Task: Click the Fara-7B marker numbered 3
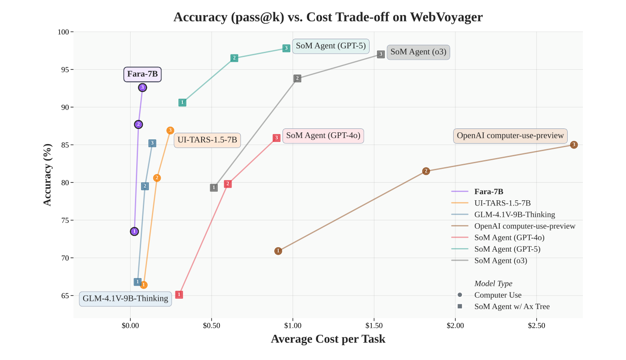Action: click(142, 87)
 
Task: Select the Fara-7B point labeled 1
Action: click(135, 231)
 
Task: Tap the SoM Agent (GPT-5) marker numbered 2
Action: click(234, 58)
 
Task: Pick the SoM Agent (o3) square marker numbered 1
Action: click(214, 188)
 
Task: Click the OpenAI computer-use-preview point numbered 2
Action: click(426, 171)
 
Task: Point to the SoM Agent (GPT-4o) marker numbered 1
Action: click(179, 295)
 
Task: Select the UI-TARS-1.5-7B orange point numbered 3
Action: click(170, 131)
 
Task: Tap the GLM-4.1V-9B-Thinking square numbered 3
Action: click(152, 143)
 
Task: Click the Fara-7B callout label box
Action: click(142, 74)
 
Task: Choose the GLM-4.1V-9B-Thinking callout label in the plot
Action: click(125, 299)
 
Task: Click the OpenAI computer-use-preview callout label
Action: click(510, 136)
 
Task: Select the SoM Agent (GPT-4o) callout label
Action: click(323, 136)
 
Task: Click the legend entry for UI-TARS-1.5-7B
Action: click(502, 203)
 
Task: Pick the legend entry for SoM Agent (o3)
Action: click(501, 261)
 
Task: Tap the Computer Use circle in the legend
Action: click(460, 295)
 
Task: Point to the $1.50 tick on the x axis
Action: click(374, 325)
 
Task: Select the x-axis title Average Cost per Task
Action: click(328, 339)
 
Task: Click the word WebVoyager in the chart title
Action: click(446, 17)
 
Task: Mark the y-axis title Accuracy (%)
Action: click(47, 175)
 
